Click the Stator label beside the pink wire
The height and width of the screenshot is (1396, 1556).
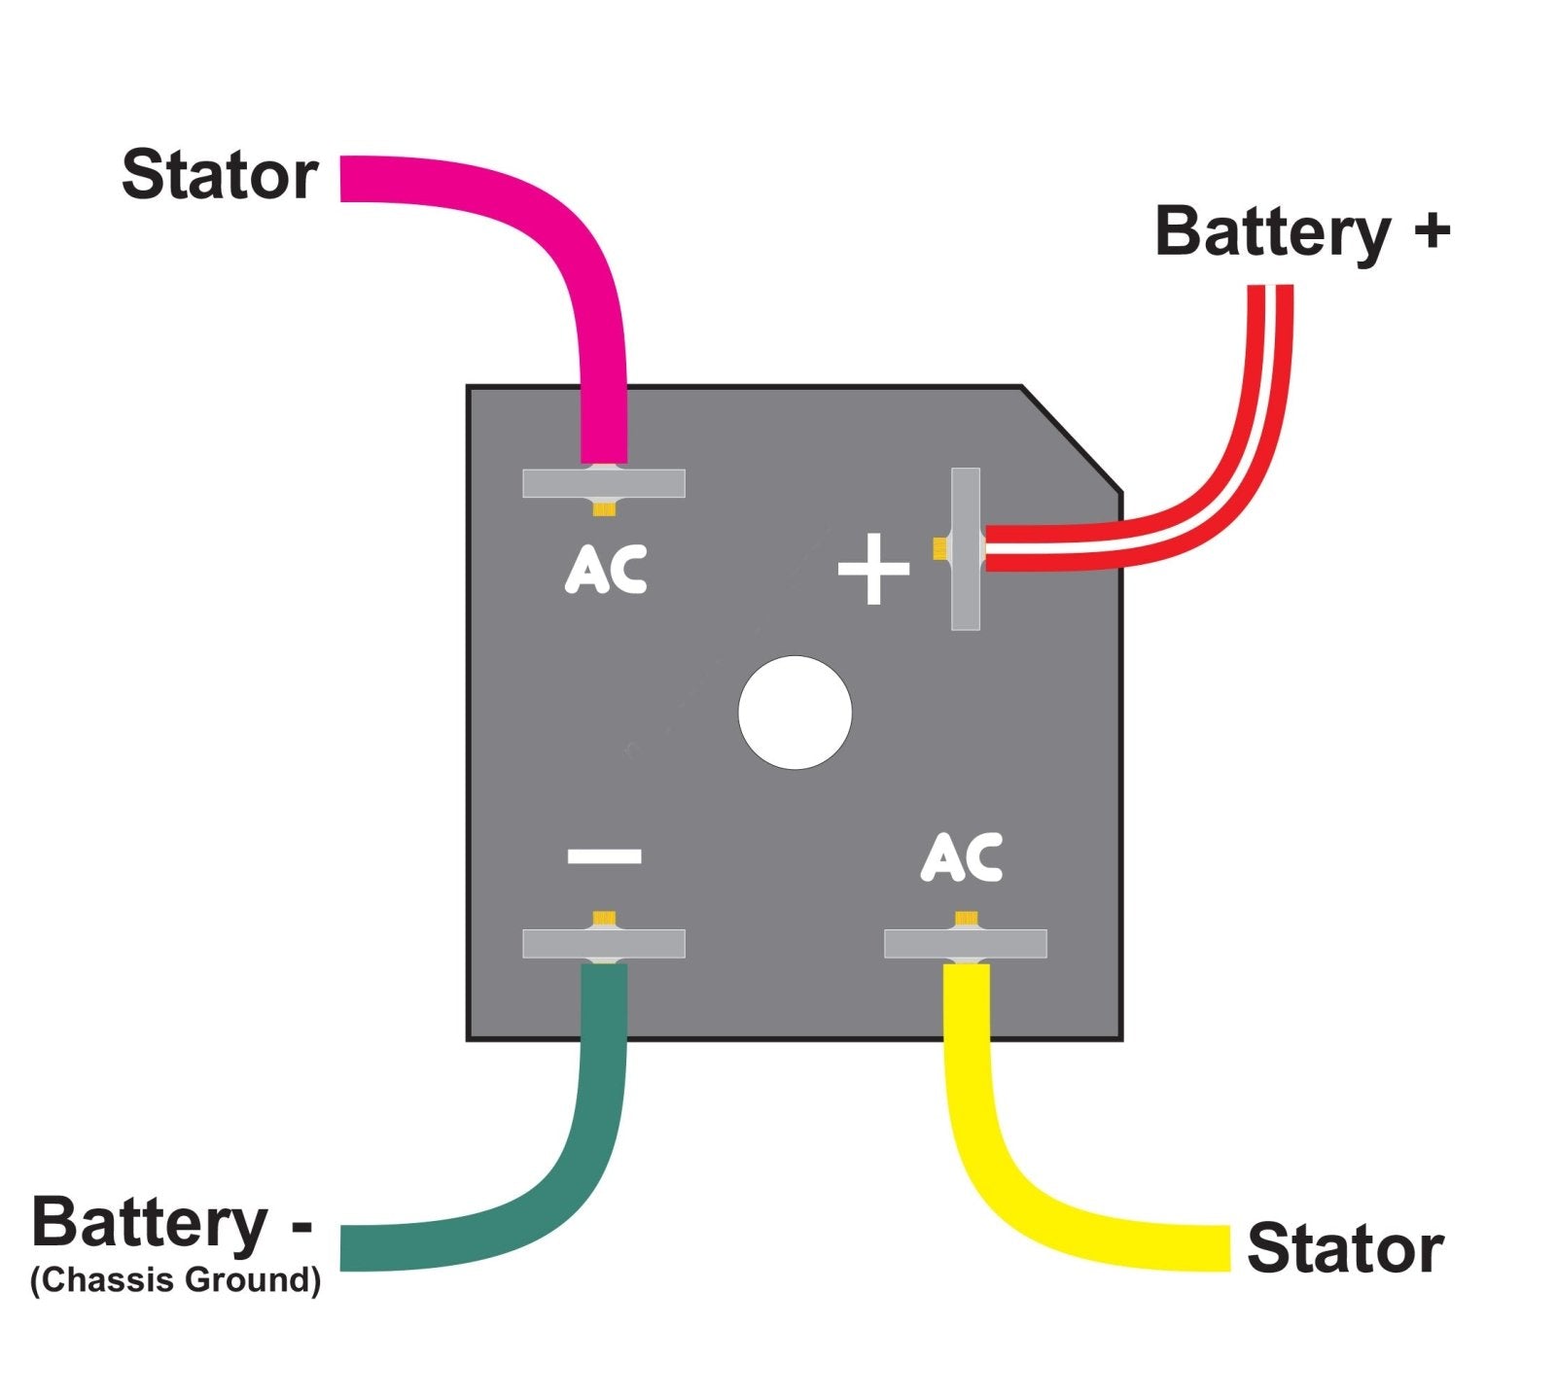220,176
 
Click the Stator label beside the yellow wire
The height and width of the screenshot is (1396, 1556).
1344,1249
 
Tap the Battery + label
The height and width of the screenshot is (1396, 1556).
1301,233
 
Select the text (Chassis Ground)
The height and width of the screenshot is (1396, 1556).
175,1280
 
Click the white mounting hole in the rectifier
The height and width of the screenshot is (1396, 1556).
795,713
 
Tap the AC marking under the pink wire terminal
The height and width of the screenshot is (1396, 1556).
606,570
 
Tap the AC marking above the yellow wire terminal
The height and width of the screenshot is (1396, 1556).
961,857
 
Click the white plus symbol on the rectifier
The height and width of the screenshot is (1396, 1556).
873,569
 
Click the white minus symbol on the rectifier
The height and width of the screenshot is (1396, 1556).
604,855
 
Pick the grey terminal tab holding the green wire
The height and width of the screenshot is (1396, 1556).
652,944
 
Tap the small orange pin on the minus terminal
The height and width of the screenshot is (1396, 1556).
605,918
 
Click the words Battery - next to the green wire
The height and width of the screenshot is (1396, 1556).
171,1223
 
